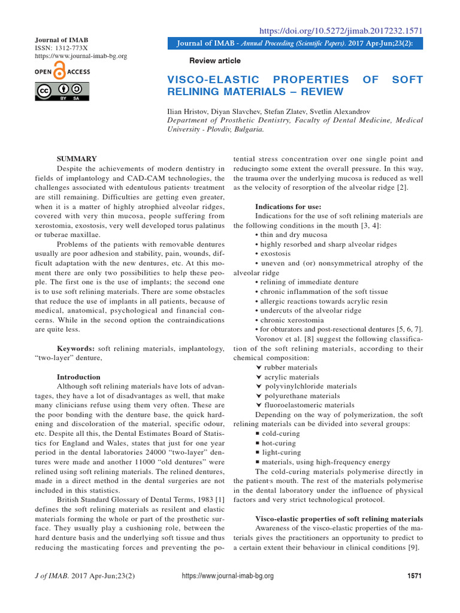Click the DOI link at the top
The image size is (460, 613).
[340, 31]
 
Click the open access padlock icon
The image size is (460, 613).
[60, 72]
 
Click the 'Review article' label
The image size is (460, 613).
[214, 60]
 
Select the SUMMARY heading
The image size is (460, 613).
[76, 159]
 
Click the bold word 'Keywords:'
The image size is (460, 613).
[75, 348]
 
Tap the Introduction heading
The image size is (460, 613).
[78, 377]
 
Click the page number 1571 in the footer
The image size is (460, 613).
[414, 576]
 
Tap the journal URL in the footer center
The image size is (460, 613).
[227, 576]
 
